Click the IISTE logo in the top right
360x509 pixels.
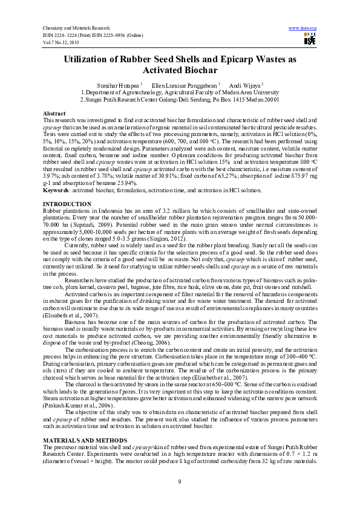pos(310,40)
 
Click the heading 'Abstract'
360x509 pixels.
pos(54,114)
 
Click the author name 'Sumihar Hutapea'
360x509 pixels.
pos(119,85)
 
